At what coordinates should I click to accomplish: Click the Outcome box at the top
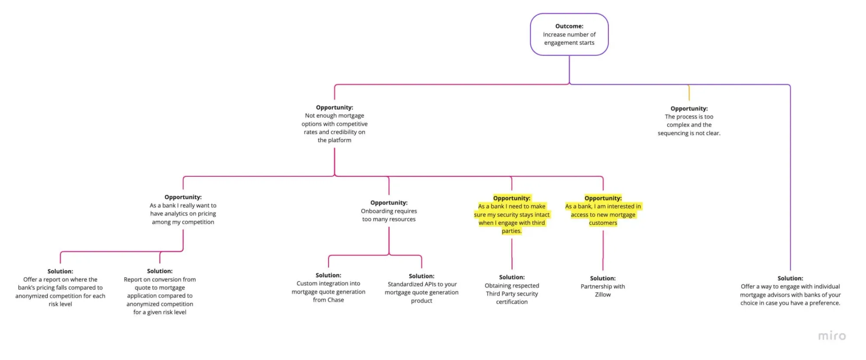(569, 34)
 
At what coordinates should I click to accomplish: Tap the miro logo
(832, 336)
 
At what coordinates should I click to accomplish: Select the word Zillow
(603, 295)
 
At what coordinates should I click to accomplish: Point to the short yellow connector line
(689, 93)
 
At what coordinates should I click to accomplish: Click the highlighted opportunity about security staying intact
(511, 214)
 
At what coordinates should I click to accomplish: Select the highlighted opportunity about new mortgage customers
(603, 211)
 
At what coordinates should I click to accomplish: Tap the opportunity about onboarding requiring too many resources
(389, 211)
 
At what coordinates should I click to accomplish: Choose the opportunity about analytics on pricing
(183, 210)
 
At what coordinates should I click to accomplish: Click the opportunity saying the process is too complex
(689, 121)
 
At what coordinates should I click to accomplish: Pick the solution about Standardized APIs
(421, 288)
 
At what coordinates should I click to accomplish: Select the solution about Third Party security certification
(512, 289)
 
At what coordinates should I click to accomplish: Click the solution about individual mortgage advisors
(790, 291)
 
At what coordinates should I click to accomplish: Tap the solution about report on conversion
(160, 292)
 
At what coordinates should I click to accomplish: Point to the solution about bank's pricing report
(60, 288)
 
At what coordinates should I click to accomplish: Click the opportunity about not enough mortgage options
(334, 124)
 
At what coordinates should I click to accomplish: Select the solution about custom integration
(328, 288)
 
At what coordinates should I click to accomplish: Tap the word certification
(512, 302)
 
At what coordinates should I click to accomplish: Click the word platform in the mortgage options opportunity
(339, 140)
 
